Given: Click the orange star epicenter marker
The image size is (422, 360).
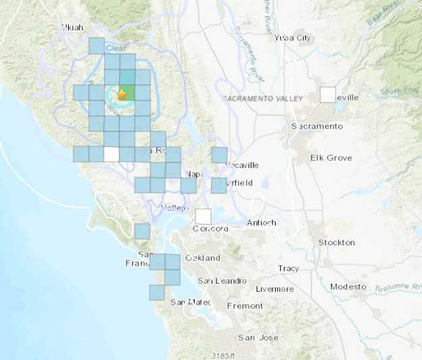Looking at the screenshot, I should pyautogui.click(x=121, y=94).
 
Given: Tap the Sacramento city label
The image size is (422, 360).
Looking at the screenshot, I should pyautogui.click(x=317, y=126).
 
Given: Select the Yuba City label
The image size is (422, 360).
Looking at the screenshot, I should pyautogui.click(x=293, y=38).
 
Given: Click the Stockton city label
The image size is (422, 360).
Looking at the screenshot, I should pyautogui.click(x=336, y=242).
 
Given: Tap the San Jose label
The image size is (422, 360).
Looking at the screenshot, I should pyautogui.click(x=257, y=337).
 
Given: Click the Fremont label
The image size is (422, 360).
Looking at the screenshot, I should pyautogui.click(x=245, y=305).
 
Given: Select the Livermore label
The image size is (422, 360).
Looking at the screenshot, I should pyautogui.click(x=275, y=289).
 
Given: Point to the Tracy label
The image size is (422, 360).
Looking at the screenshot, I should pyautogui.click(x=289, y=268).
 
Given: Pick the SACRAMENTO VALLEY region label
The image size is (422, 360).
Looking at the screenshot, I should pyautogui.click(x=262, y=98).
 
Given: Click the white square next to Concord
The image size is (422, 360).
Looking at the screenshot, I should pyautogui.click(x=203, y=216).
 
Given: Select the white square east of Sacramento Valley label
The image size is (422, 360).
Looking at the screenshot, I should pyautogui.click(x=328, y=94).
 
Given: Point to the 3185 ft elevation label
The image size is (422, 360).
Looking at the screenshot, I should pyautogui.click(x=220, y=355).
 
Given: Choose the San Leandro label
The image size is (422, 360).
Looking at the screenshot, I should pyautogui.click(x=221, y=280).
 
